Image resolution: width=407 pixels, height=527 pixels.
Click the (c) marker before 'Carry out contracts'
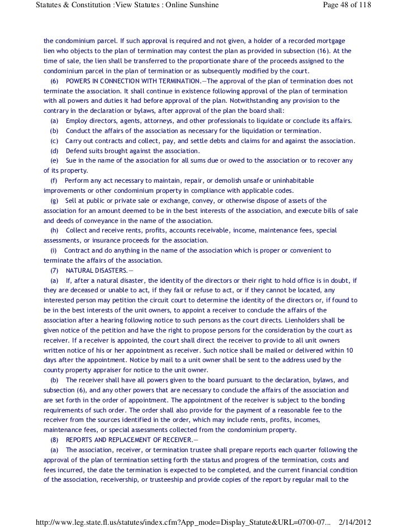point(54,141)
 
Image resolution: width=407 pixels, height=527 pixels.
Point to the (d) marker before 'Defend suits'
point(54,151)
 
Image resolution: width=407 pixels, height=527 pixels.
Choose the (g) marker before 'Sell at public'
point(54,201)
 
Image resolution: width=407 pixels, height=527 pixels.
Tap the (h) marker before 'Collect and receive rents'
point(54,230)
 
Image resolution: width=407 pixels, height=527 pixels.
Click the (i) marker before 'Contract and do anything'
point(54,250)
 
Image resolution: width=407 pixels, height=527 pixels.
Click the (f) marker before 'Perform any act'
point(54,181)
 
